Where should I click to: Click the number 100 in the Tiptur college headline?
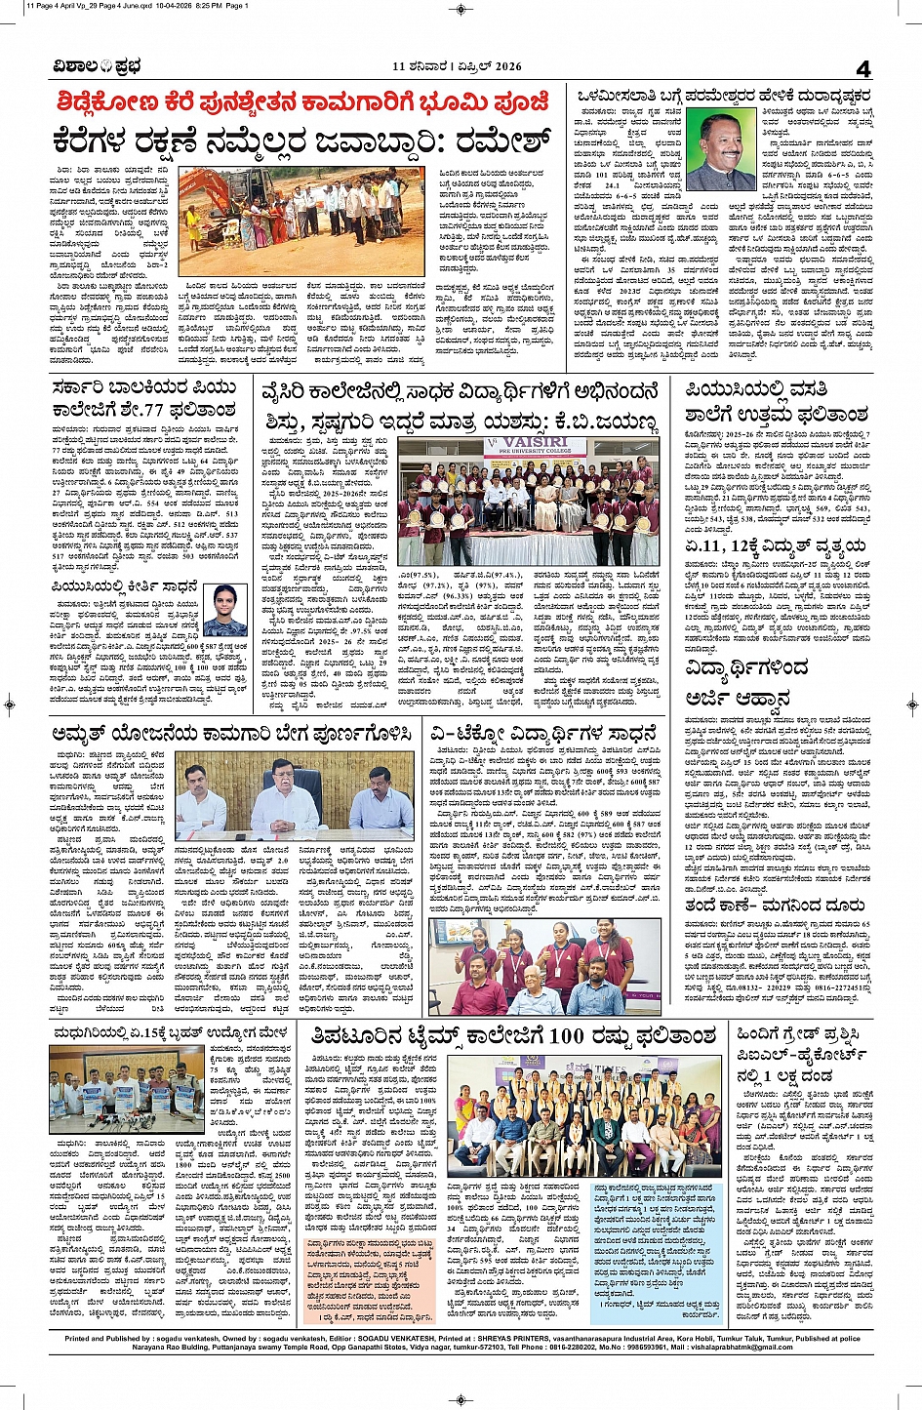pyautogui.click(x=566, y=1036)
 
